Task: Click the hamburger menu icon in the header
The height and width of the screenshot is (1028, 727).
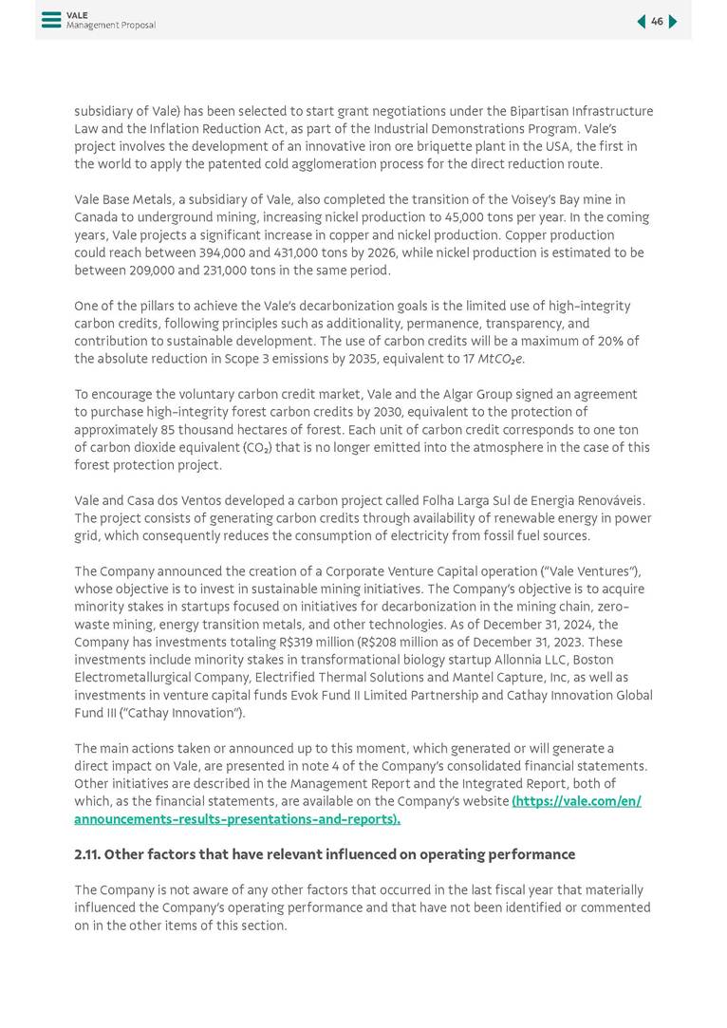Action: (x=50, y=20)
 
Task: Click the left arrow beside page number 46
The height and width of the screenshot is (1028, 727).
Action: (x=641, y=21)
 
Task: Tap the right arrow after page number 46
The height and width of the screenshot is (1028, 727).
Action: (x=673, y=21)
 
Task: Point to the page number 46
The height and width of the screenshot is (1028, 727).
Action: (x=657, y=21)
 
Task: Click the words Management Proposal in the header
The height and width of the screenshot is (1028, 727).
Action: (x=110, y=26)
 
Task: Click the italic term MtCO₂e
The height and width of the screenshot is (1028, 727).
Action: (x=501, y=359)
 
